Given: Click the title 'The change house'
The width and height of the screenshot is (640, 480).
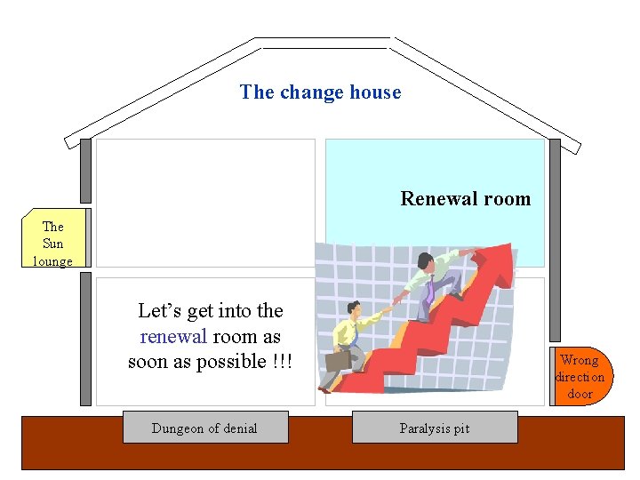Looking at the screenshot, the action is [320, 92].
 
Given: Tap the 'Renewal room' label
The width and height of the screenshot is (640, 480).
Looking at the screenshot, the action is [465, 199].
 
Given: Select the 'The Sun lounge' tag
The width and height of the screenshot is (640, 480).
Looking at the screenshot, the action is [53, 243].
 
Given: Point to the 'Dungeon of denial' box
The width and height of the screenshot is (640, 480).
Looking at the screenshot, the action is [204, 428].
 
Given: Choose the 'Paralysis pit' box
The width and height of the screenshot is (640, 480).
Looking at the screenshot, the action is [435, 428].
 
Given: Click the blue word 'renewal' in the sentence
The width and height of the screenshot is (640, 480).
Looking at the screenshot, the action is [173, 336].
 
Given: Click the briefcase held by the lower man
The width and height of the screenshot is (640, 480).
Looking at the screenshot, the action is [338, 360].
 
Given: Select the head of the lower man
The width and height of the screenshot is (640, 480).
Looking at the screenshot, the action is [354, 308].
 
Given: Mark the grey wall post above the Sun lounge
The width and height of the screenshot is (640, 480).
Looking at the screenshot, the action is [85, 171].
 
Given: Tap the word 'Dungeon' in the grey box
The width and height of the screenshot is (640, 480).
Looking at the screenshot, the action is [179, 428].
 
